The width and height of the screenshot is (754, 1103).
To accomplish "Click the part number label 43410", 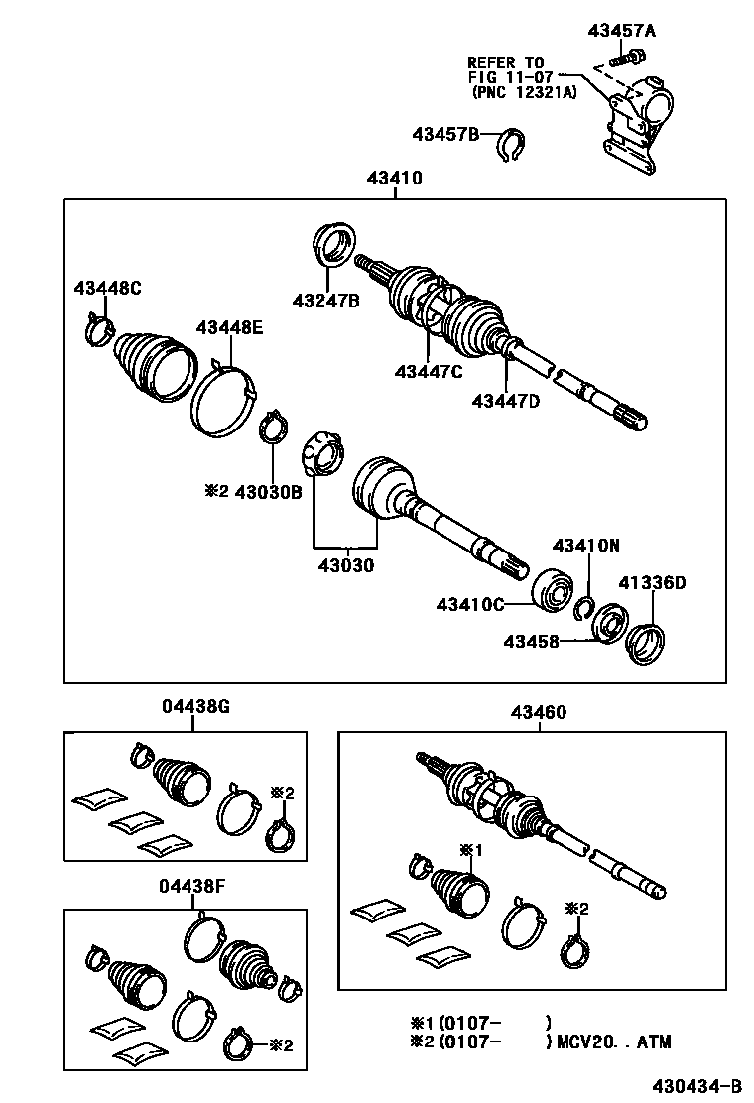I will pos(394,179).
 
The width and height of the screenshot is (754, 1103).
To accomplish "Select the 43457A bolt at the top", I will pos(624,59).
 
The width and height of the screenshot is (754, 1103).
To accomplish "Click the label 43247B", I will pos(325,301).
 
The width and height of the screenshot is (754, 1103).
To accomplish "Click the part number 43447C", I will pos(429,372).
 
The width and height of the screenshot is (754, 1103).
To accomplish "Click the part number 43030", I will pos(345,566).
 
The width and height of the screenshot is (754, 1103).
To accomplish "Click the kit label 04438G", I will pos(195,707).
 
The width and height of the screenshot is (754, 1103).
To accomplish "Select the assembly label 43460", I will pos(539,712).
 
